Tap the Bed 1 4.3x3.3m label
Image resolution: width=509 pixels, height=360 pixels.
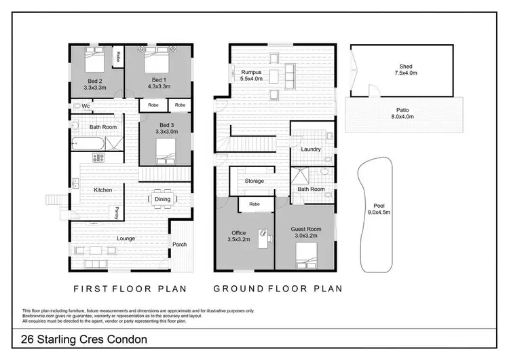[157, 83]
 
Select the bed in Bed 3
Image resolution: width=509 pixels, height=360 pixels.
[165, 156]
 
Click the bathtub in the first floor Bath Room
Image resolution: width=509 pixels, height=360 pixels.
[88, 144]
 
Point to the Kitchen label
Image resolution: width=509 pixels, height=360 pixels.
[103, 190]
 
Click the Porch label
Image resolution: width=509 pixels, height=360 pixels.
[180, 245]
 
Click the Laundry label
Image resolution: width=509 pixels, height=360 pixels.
[311, 149]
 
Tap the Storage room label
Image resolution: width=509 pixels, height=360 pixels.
[254, 181]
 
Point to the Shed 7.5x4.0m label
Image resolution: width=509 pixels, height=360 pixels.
[406, 71]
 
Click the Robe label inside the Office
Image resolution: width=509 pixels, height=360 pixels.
[254, 204]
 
